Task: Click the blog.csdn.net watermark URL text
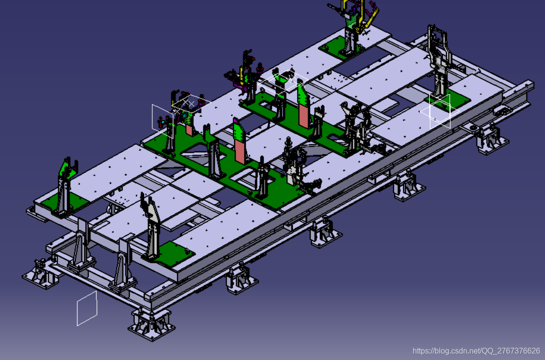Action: tap(476, 350)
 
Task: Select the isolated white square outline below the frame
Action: tap(87, 308)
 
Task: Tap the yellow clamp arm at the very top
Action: tap(366, 14)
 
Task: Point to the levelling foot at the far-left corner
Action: tap(40, 273)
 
